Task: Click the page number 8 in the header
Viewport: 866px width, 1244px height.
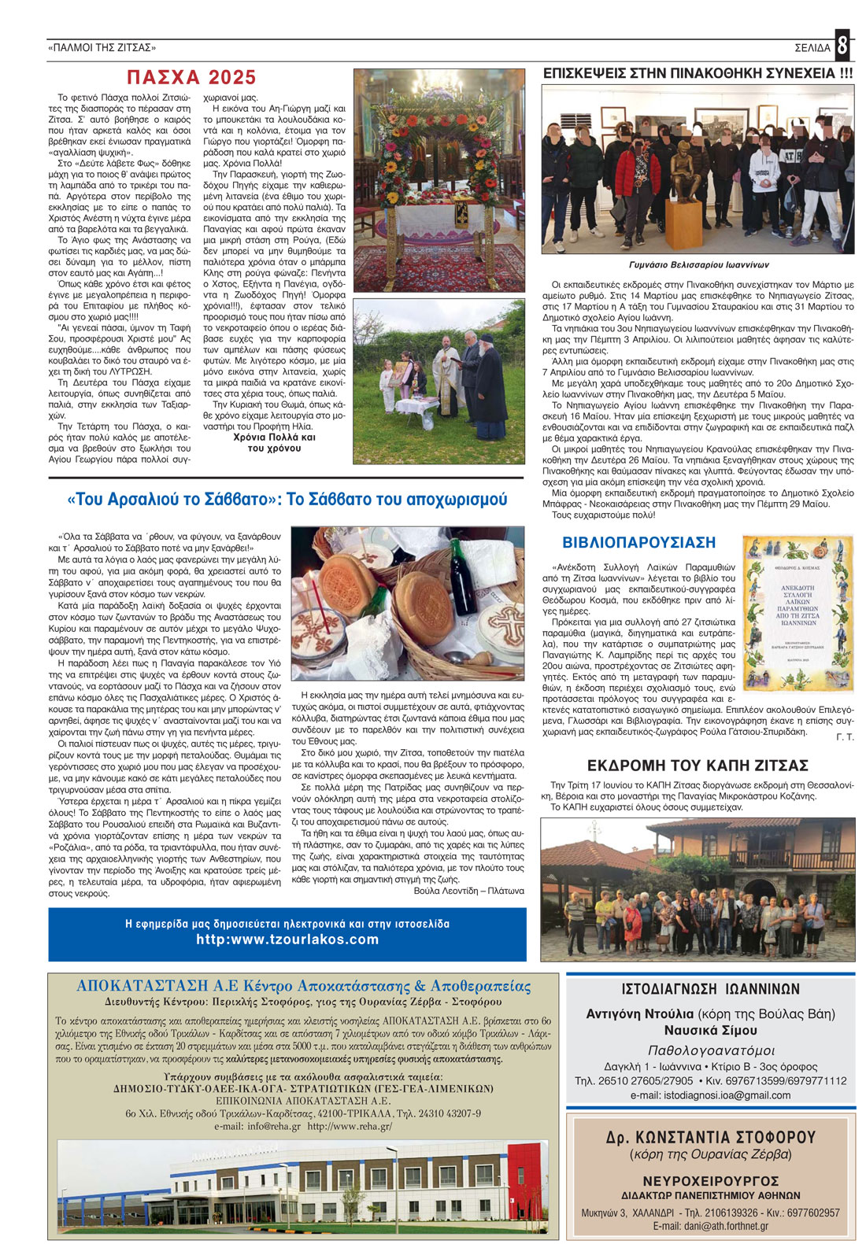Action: (842, 46)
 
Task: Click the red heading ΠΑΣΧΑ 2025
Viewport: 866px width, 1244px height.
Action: (192, 77)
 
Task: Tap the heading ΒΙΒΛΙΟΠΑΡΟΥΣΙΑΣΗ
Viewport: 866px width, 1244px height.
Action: (638, 542)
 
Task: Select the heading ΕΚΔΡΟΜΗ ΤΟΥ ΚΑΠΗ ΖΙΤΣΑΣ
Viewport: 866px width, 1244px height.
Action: (698, 766)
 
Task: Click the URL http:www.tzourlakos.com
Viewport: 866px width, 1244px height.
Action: (287, 939)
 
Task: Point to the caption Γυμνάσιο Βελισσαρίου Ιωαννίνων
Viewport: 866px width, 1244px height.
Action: (698, 265)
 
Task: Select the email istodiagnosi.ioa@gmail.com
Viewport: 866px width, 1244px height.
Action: (710, 1095)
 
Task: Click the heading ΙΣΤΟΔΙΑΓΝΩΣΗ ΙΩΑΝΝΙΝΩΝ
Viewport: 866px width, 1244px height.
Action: (710, 989)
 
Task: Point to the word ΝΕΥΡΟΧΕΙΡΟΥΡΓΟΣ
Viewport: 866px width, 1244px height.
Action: (710, 1181)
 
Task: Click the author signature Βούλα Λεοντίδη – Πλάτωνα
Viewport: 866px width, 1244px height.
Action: (468, 891)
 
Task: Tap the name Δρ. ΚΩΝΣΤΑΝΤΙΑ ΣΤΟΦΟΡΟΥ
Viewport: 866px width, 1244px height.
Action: (710, 1137)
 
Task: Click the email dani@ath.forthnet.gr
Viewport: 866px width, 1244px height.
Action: (710, 1226)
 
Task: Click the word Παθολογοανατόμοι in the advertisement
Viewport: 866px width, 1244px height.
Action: (710, 1050)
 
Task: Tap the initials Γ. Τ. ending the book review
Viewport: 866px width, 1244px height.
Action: (845, 737)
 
